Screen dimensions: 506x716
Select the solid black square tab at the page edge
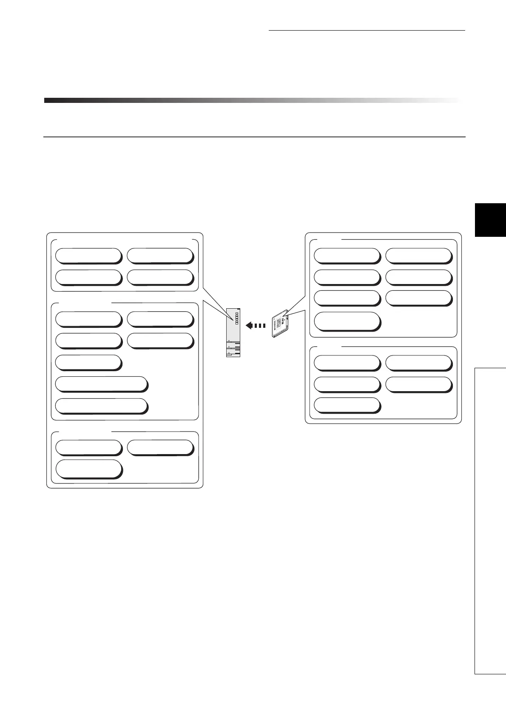point(490,219)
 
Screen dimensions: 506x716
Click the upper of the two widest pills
point(102,384)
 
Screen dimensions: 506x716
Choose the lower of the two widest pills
point(102,406)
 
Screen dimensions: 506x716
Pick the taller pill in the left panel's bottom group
point(89,469)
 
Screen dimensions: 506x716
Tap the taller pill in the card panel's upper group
point(347,321)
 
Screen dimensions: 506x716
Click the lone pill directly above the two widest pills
point(89,363)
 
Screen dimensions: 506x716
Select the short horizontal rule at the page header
point(367,31)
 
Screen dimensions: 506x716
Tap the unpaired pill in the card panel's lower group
point(347,405)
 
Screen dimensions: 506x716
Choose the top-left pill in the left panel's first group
point(89,256)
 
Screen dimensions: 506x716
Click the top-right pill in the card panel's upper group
point(418,256)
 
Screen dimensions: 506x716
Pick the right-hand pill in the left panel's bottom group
point(160,447)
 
